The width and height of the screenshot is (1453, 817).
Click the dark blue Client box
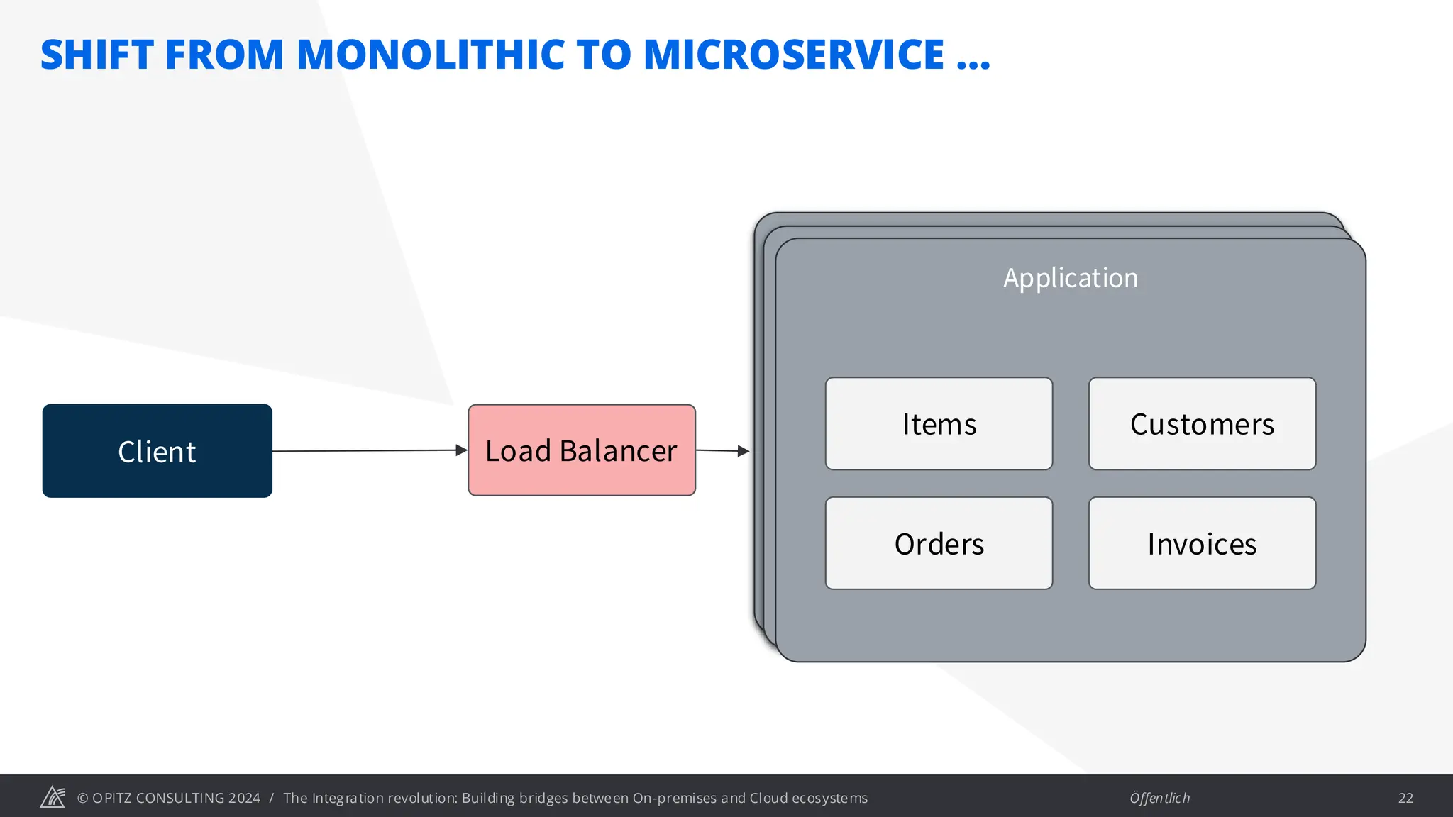pos(157,451)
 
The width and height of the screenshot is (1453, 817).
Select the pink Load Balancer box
pos(581,450)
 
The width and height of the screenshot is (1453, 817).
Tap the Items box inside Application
pos(939,424)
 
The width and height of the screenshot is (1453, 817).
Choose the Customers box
pos(1202,424)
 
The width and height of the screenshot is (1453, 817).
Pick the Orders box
pos(939,544)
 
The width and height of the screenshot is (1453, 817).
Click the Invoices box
pos(1202,544)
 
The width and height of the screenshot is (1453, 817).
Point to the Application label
pos(1070,278)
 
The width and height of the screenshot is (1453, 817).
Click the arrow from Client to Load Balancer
pos(369,450)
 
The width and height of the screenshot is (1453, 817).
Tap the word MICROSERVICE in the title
pos(793,55)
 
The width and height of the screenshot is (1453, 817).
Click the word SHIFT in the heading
pos(97,55)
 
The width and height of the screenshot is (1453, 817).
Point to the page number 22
pos(1405,798)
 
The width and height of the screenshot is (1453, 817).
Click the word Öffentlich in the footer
pos(1159,798)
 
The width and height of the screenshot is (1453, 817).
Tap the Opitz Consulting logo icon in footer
pos(53,797)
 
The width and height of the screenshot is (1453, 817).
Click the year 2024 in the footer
pos(244,798)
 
